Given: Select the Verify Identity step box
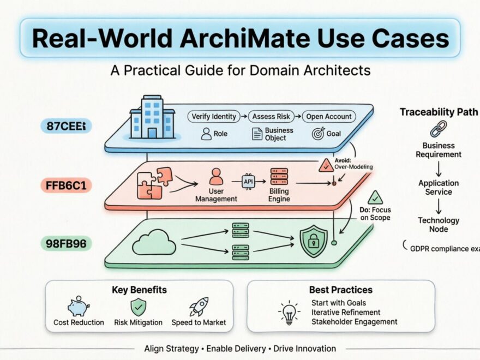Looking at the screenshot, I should [214, 116].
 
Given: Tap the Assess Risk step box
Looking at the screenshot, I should [271, 116].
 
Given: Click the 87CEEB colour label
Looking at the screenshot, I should [66, 127].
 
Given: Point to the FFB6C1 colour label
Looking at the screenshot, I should [65, 185].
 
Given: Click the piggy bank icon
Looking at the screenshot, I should [78, 307].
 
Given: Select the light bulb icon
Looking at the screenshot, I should [289, 313].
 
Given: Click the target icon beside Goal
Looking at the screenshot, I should [318, 134].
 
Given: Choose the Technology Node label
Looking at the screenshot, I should [439, 225].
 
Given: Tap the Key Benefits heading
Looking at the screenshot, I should [139, 290].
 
